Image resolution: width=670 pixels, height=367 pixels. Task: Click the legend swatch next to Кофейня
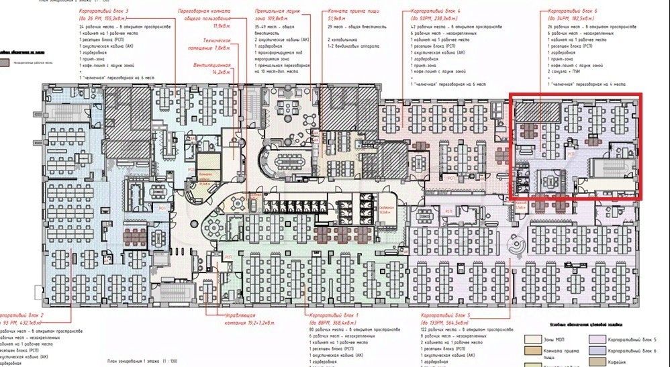598,364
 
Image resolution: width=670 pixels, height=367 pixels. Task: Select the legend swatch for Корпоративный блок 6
598,352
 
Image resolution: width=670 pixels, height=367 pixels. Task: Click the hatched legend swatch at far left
6,62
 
